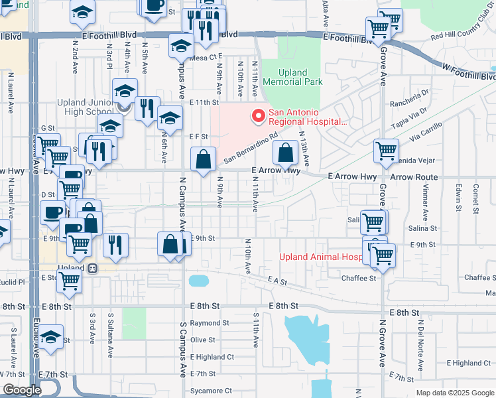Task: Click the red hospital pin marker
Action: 257,117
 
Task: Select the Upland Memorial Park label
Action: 292,77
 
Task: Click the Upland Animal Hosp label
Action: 320,257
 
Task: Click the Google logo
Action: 22,390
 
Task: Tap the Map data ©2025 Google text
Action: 454,393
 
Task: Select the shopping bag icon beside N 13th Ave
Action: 285,153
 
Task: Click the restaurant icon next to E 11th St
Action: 147,107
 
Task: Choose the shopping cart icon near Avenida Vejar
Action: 386,151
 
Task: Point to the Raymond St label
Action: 209,323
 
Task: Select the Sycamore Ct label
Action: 211,391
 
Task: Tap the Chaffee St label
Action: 359,278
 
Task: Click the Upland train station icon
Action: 93,268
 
